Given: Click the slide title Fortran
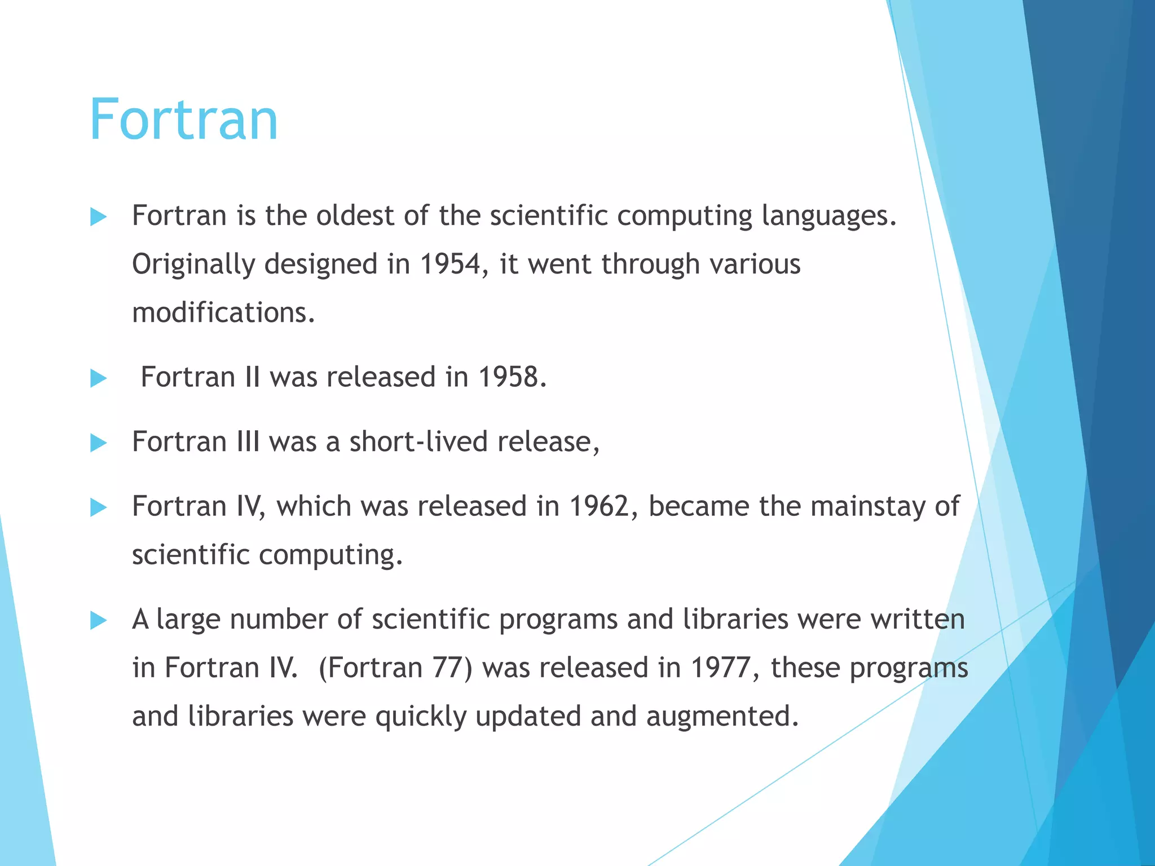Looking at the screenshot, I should pyautogui.click(x=183, y=120).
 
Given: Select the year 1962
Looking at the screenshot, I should pyautogui.click(x=599, y=506).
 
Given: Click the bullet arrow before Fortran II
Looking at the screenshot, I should pyautogui.click(x=98, y=378).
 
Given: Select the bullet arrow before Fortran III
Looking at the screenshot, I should pyautogui.click(x=98, y=443).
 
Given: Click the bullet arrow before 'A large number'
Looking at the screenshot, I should pyautogui.click(x=98, y=621).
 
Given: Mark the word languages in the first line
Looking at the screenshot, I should pyautogui.click(x=825, y=216).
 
